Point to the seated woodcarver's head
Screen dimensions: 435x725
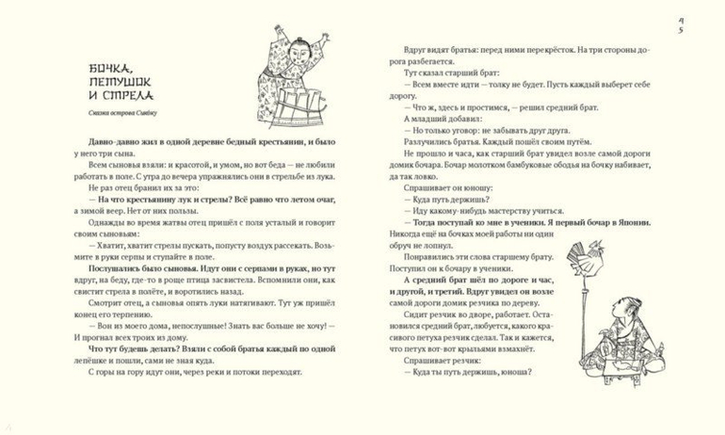620,308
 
